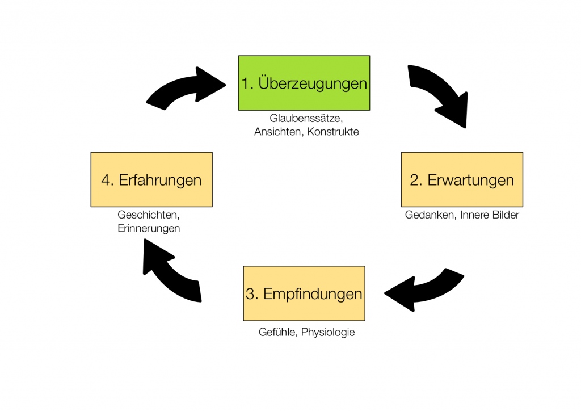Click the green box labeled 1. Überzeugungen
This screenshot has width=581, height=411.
click(x=304, y=83)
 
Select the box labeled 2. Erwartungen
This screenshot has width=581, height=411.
click(x=462, y=179)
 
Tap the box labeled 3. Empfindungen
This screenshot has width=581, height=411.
click(x=304, y=293)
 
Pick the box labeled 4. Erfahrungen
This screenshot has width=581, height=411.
click(x=151, y=179)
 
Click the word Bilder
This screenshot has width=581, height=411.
click(x=504, y=215)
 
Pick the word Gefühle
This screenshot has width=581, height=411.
click(x=277, y=332)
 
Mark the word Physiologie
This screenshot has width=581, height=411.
click(x=328, y=332)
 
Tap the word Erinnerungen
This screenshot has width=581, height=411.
click(x=149, y=228)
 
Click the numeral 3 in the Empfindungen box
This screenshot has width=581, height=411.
click(x=250, y=294)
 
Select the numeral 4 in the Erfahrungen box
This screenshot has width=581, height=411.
click(x=106, y=180)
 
